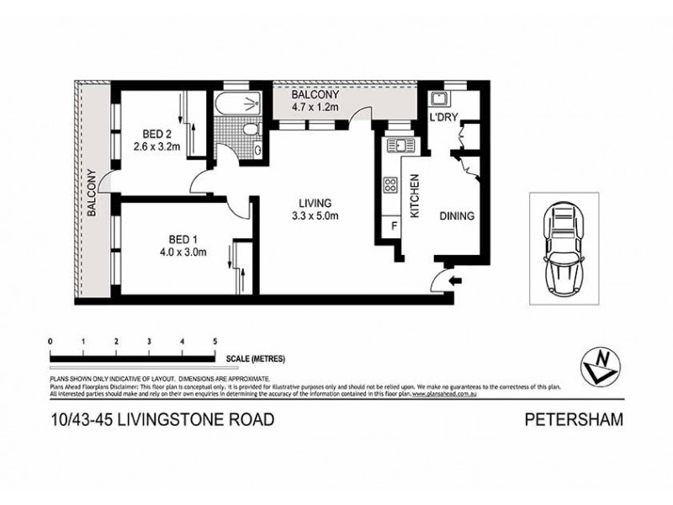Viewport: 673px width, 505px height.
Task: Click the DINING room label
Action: tap(458, 215)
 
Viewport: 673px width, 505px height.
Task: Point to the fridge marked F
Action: tap(391, 225)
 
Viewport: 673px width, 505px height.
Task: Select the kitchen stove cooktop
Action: tap(391, 185)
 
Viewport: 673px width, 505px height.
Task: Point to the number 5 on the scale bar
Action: tap(215, 341)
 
